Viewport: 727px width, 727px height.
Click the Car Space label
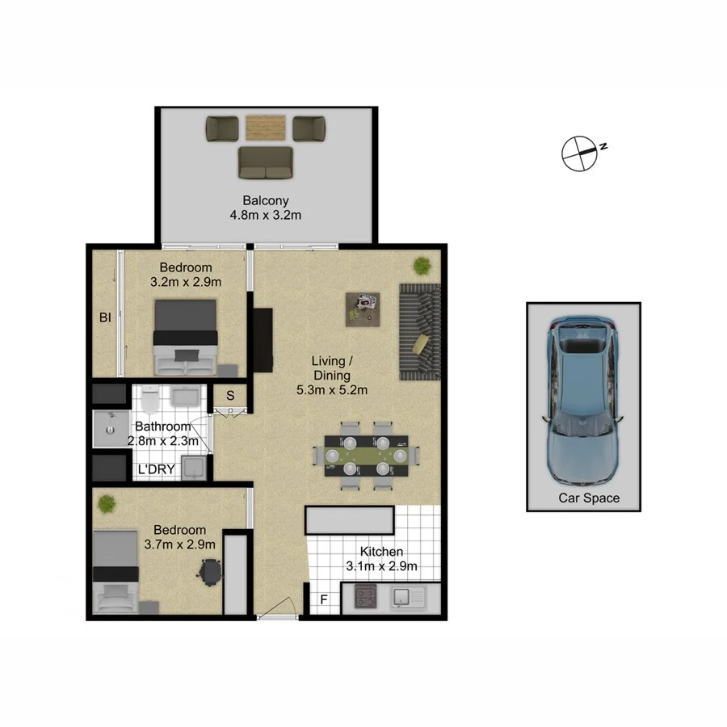[x=589, y=498]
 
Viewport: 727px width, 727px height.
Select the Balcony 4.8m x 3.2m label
[x=266, y=208]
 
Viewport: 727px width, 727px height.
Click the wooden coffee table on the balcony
[x=266, y=128]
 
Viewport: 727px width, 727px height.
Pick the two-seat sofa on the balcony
[x=266, y=162]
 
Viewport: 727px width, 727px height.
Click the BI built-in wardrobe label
[x=105, y=318]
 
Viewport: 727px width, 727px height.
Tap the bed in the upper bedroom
[x=186, y=337]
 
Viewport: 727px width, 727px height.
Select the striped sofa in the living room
[x=419, y=331]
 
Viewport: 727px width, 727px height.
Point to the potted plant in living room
[x=421, y=265]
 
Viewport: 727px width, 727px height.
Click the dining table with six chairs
[x=365, y=456]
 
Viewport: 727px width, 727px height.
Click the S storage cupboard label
[x=230, y=396]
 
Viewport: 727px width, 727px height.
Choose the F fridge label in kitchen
[x=324, y=599]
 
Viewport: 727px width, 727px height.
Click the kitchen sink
[x=401, y=599]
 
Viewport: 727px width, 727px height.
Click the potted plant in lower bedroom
[x=107, y=504]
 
